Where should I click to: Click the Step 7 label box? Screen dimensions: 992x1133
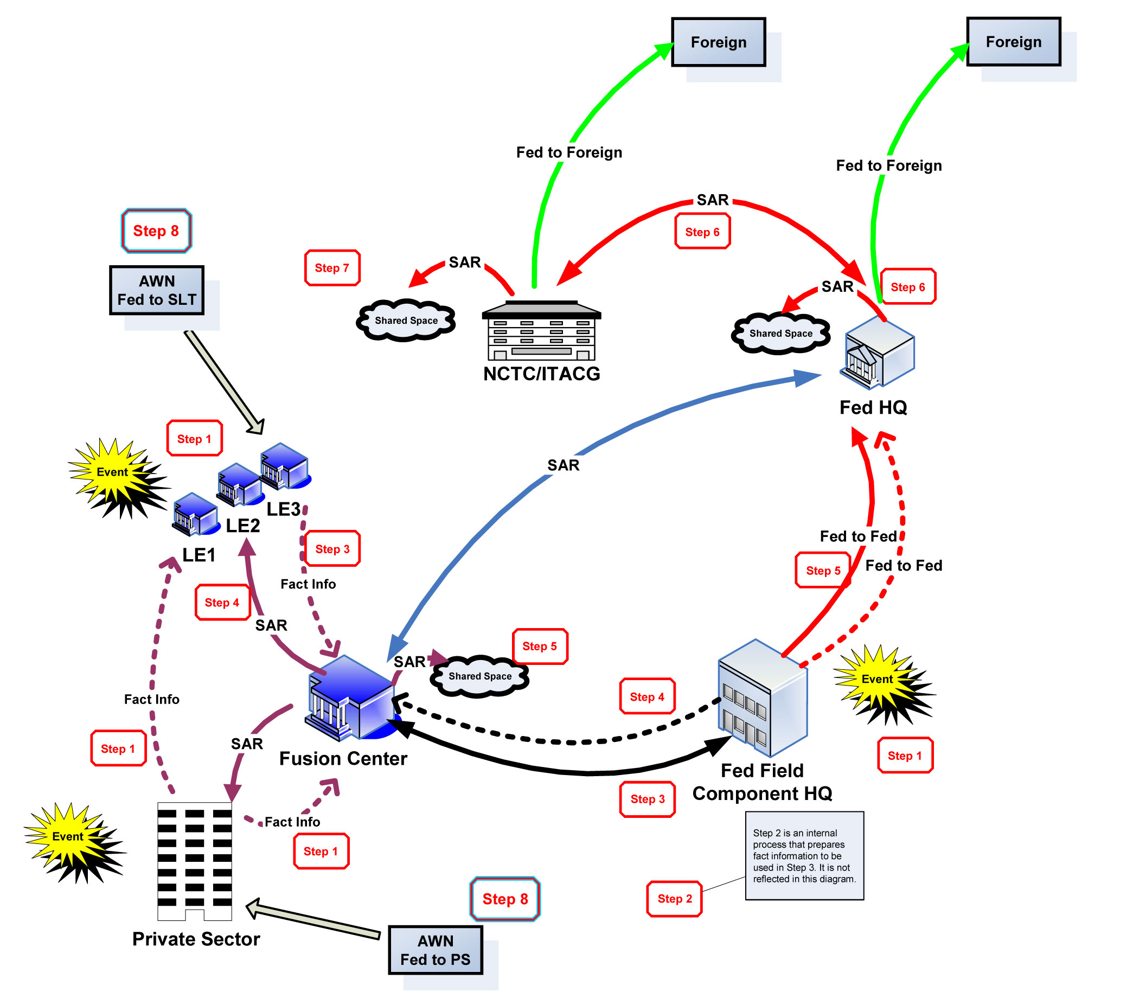[331, 268]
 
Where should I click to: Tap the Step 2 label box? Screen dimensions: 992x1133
[674, 899]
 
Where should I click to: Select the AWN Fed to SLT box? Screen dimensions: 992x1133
[157, 290]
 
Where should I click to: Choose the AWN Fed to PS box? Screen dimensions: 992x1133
[435, 950]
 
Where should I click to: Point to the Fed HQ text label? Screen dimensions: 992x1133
[873, 407]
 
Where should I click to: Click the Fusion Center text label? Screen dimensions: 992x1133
[343, 758]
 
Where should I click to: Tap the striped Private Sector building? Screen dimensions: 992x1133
[194, 861]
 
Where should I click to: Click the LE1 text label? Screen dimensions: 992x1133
[198, 555]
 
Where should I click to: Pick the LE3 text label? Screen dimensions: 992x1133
[284, 509]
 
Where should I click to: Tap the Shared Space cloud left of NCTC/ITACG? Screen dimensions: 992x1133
[406, 321]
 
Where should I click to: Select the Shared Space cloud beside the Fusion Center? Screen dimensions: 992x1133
[480, 676]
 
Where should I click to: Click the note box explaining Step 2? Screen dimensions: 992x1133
[804, 855]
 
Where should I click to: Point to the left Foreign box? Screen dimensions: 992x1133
[718, 42]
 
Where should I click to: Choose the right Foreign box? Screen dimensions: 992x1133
[1013, 42]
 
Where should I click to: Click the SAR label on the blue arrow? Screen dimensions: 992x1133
[563, 465]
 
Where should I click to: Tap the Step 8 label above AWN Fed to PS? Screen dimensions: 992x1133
[505, 899]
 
